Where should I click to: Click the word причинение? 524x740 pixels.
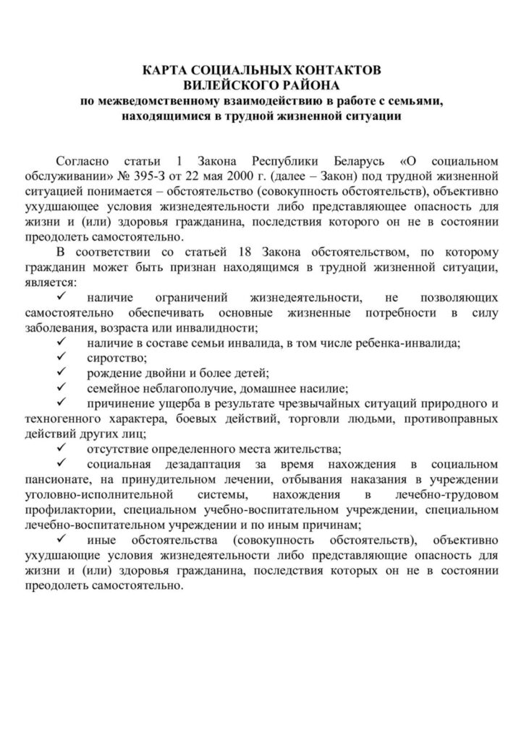(117, 404)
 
